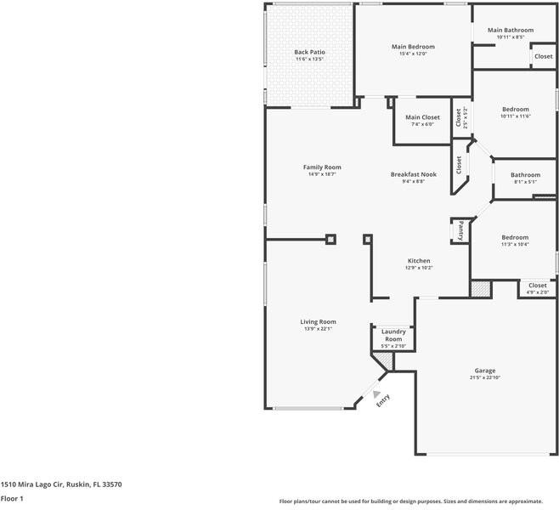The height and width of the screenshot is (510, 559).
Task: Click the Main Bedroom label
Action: (413, 47)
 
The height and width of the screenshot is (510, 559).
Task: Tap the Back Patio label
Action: (309, 52)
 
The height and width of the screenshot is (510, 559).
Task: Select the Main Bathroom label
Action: (511, 30)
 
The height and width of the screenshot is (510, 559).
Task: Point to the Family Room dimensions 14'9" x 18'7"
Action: (322, 174)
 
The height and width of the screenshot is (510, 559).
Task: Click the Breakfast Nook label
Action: (413, 173)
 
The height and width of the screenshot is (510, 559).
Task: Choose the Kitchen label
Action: (419, 260)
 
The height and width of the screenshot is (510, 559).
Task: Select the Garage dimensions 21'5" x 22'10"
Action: (485, 378)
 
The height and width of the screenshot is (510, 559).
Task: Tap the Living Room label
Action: (318, 321)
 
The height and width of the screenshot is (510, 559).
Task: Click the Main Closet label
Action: (422, 117)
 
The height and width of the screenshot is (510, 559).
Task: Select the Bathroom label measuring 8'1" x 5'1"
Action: (525, 174)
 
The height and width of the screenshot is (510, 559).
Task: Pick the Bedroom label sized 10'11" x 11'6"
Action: (515, 109)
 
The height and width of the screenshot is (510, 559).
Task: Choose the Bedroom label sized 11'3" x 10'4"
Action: (514, 237)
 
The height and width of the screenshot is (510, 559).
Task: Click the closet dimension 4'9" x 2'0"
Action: (538, 292)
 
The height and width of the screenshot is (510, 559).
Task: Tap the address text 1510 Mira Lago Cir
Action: (61, 484)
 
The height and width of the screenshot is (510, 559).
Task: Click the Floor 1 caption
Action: (12, 498)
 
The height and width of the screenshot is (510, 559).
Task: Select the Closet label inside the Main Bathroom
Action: (543, 56)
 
